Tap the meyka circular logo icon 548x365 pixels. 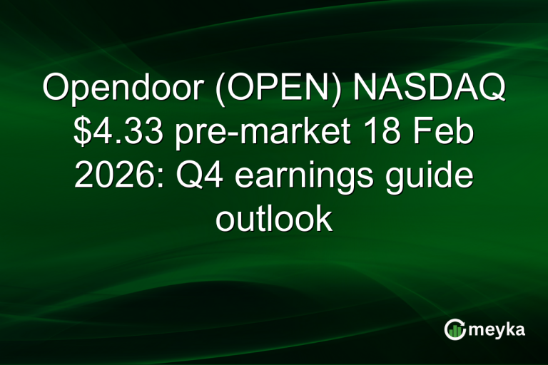click(x=455, y=329)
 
